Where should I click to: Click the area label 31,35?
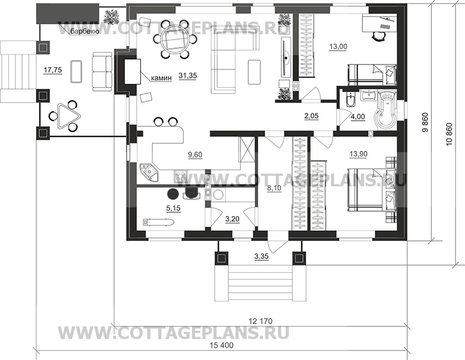(188, 76)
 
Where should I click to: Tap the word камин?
(161, 78)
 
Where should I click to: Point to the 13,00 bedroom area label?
(338, 46)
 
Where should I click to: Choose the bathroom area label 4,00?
(357, 117)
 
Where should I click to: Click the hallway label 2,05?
(312, 116)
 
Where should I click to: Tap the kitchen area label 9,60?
(195, 154)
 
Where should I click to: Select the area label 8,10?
(274, 188)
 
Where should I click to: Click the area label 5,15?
(173, 208)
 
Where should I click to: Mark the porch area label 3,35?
(261, 256)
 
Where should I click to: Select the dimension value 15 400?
(222, 345)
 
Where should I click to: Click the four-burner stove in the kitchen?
(180, 176)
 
